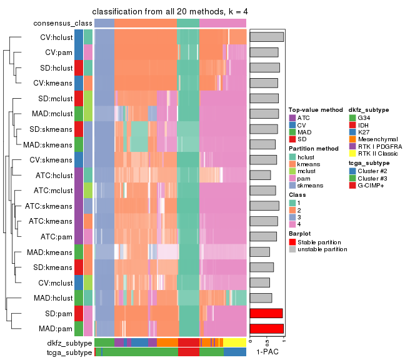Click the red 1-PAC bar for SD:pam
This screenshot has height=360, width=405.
coord(266,313)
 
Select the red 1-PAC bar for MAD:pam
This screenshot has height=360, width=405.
coord(267,328)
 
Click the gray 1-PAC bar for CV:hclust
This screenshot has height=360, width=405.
coord(267,37)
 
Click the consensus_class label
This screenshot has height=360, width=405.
coord(62,23)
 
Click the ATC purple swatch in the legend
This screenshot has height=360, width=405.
coord(292,117)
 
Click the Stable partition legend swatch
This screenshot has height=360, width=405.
coord(292,242)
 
